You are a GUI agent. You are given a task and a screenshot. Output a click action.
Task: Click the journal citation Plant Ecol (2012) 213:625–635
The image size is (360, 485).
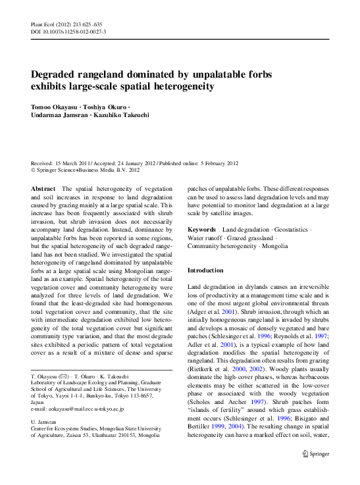pyautogui.click(x=64, y=24)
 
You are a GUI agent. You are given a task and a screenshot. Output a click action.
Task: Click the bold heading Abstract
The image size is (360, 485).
pyautogui.click(x=43, y=188)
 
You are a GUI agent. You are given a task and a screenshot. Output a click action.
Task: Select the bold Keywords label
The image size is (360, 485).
pyautogui.click(x=202, y=229)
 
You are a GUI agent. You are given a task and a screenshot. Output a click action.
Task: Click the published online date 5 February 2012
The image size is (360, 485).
pyautogui.click(x=209, y=163)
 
